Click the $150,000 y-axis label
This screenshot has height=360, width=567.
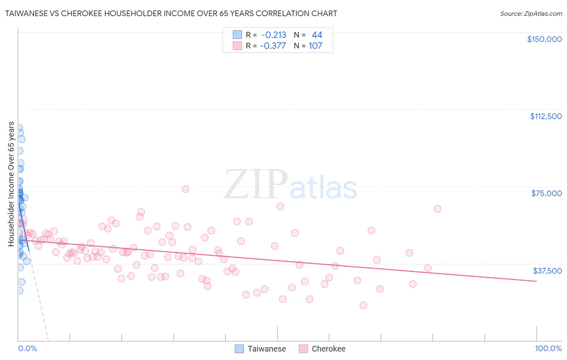544,39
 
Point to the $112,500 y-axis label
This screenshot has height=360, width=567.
546,116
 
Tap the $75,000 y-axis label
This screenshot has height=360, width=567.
546,193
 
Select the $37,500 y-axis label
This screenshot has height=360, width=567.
547,271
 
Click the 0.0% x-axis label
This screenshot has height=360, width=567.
27,349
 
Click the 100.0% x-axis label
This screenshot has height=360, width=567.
548,349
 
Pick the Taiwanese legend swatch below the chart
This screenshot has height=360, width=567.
239,349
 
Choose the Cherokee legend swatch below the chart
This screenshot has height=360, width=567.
303,349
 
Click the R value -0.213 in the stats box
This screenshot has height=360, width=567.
274,35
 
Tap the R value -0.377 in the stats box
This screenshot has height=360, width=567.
273,46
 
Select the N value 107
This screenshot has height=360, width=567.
315,46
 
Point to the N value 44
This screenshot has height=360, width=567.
317,35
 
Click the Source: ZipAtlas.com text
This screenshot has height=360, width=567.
531,14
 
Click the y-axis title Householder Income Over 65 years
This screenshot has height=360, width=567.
11,184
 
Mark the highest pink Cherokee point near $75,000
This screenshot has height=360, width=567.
186,189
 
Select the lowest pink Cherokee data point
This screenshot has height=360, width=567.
363,305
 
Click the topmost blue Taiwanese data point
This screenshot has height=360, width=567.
19,128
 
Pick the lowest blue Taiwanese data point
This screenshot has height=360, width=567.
19,291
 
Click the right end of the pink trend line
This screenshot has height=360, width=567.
536,281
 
